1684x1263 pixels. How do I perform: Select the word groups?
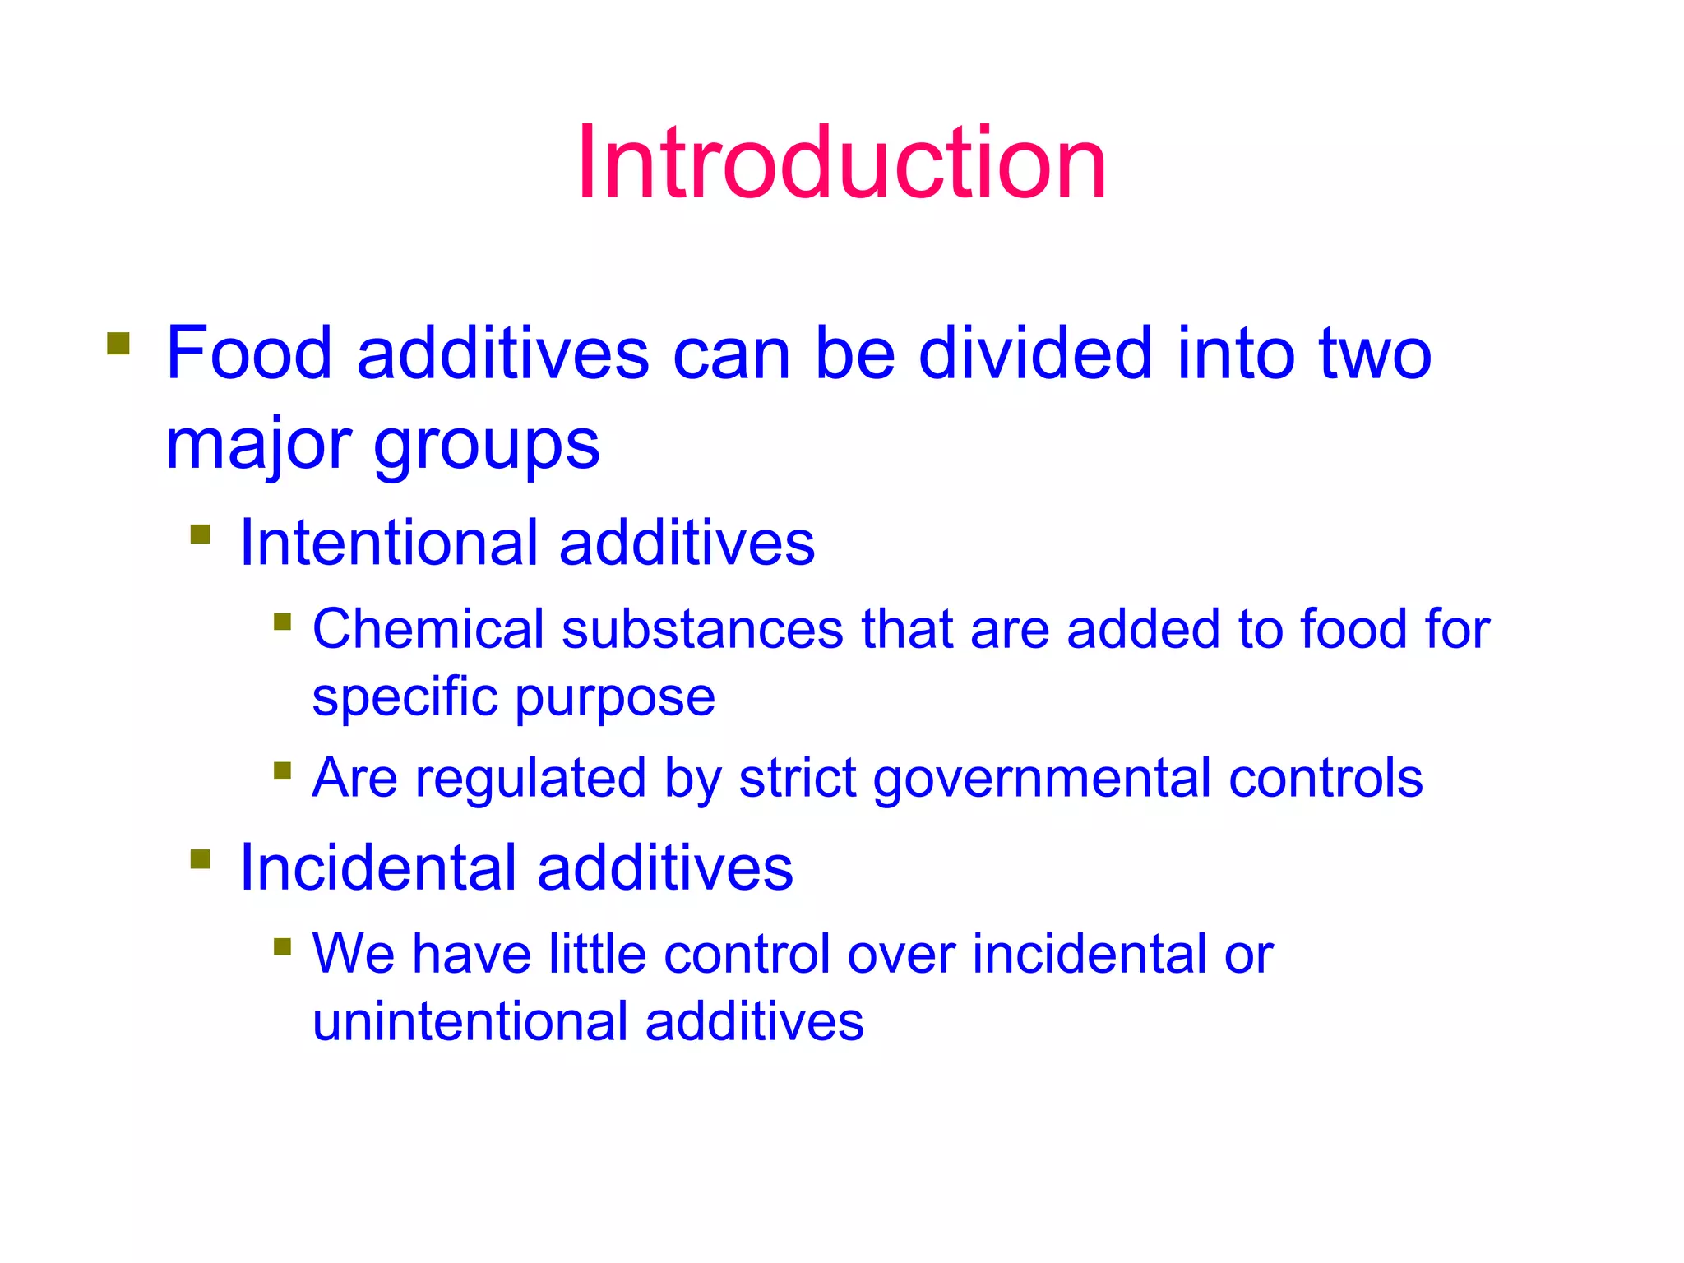pos(487,446)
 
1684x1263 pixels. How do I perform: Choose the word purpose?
pos(615,699)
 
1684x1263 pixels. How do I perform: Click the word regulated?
pos(530,778)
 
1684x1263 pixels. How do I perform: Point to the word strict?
pos(798,778)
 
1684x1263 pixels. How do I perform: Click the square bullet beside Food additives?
pos(118,344)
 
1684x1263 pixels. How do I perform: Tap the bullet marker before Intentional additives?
pos(201,534)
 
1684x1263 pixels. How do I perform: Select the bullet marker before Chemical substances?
pos(283,621)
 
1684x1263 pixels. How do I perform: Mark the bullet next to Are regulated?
pos(283,770)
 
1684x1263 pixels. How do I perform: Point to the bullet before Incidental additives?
pos(201,859)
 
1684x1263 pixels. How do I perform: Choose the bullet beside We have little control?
pos(283,946)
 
